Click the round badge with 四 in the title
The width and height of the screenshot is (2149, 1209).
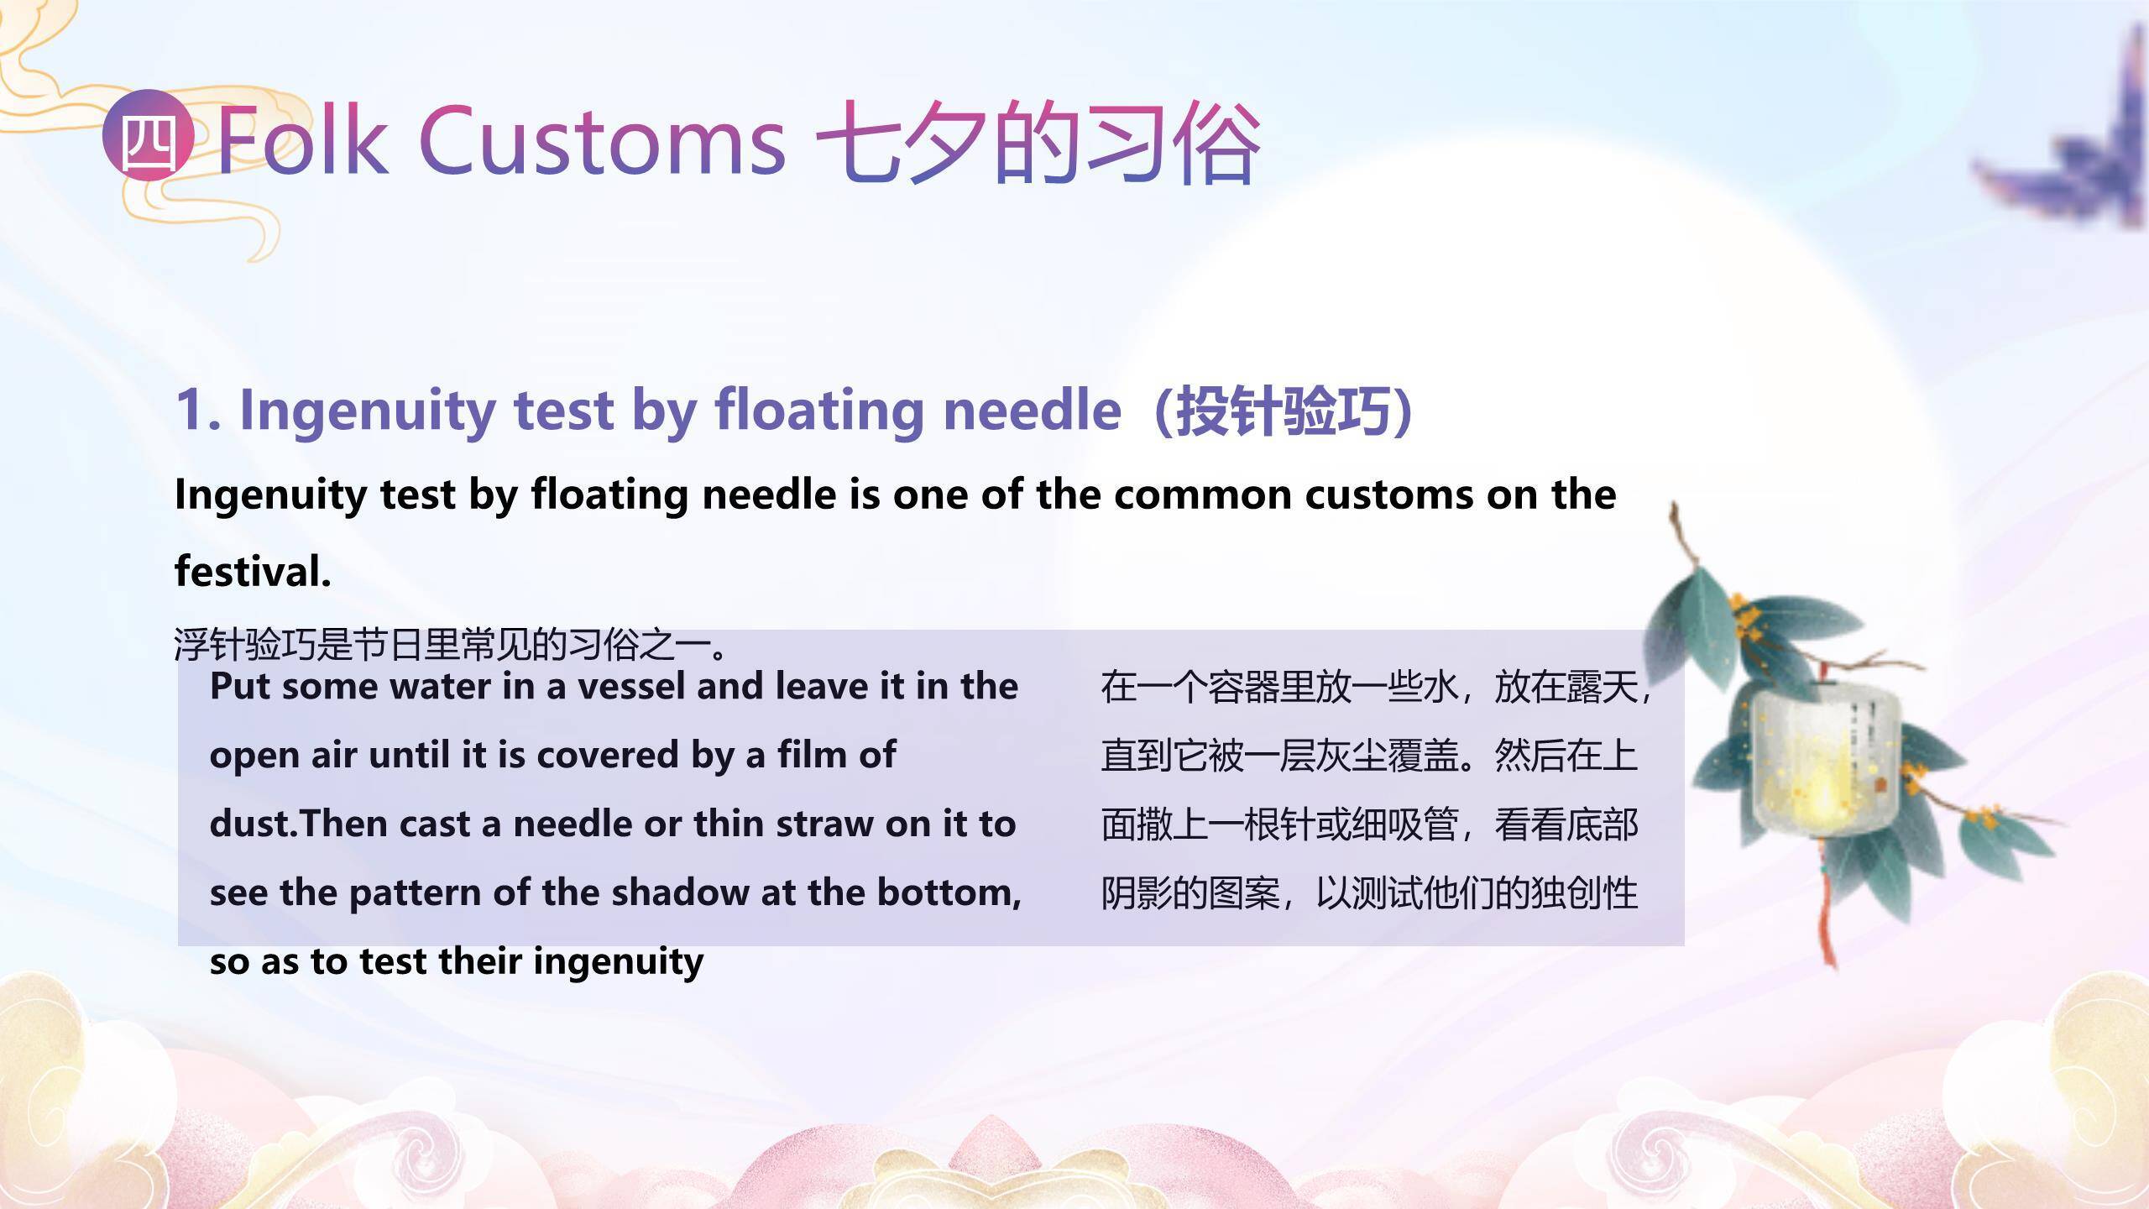[x=149, y=135]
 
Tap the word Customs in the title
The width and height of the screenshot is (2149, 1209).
[x=602, y=140]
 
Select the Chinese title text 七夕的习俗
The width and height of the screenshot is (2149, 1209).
[x=1038, y=141]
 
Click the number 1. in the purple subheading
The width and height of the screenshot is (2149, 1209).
[x=199, y=411]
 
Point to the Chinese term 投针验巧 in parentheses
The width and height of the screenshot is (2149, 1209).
[x=1283, y=411]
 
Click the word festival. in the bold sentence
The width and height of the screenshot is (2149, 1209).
[x=253, y=571]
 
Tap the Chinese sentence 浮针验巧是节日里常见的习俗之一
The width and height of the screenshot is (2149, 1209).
[x=450, y=645]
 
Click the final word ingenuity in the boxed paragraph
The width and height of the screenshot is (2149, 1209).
[x=618, y=962]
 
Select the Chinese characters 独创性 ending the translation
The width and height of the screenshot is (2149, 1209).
[x=1584, y=893]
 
